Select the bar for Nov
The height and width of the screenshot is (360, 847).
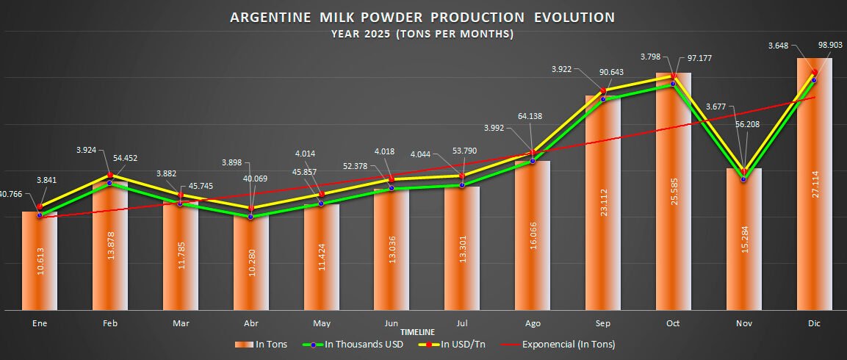(x=744, y=242)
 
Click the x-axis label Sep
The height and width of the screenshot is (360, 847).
(x=602, y=323)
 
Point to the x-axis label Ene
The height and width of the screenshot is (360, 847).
(x=39, y=323)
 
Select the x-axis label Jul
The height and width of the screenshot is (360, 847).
(x=462, y=323)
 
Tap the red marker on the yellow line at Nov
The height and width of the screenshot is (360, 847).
(x=744, y=171)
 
